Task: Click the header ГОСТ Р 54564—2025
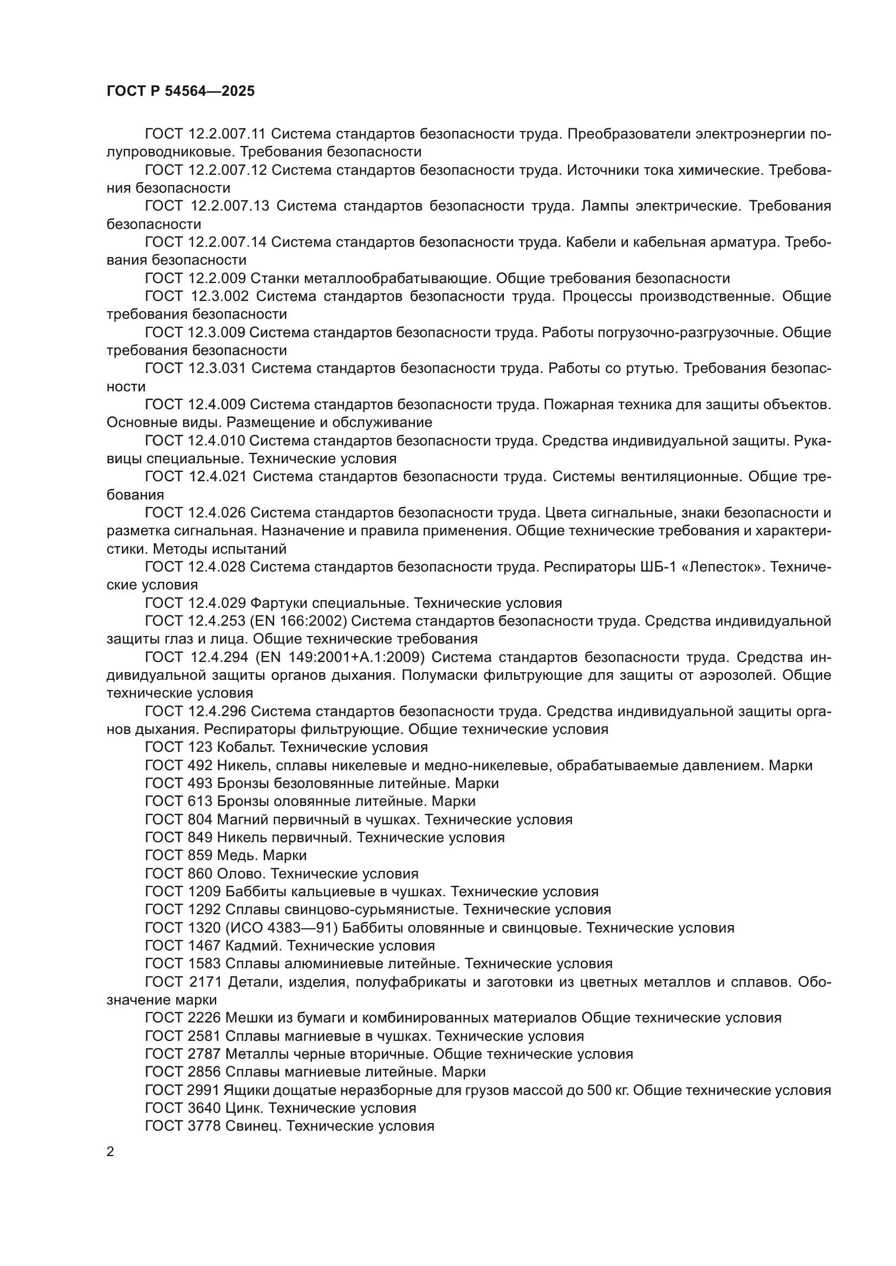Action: point(180,91)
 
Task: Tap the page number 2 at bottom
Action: point(111,1152)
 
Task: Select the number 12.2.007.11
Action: point(228,134)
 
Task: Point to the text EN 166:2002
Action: point(298,621)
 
